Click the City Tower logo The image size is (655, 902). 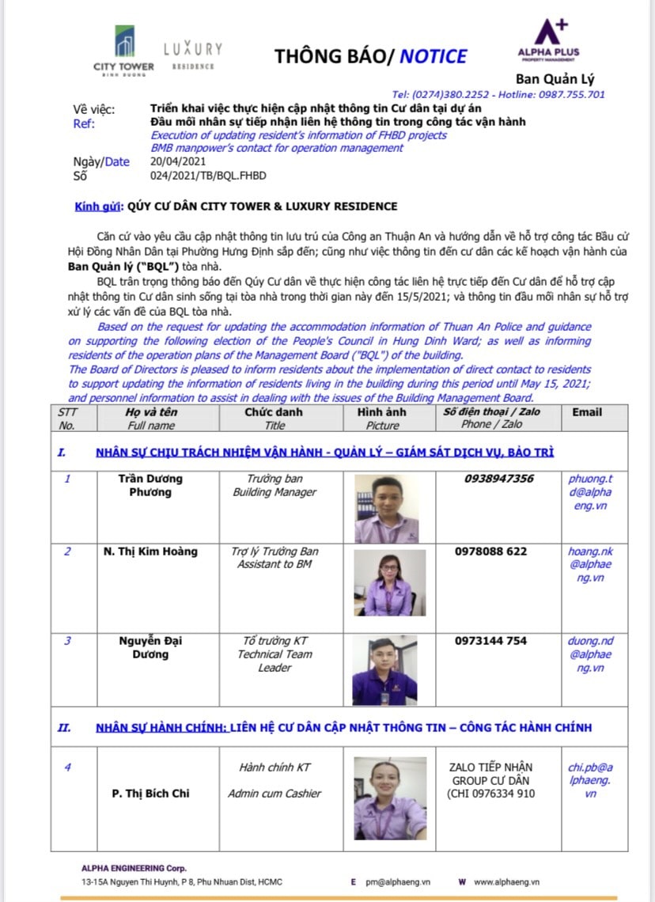point(123,47)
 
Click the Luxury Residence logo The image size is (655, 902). point(193,55)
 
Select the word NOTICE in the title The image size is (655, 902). point(433,56)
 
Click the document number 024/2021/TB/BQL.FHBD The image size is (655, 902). point(208,176)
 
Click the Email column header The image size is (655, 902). point(586,412)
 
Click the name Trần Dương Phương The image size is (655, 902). point(150,485)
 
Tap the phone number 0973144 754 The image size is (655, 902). point(490,641)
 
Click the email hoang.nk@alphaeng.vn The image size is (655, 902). point(589,565)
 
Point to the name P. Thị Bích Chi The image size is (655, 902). point(150,794)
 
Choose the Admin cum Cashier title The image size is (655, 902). point(274,794)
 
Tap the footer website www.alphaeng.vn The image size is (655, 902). point(507,881)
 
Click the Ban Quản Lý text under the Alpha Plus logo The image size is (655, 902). point(555,78)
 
